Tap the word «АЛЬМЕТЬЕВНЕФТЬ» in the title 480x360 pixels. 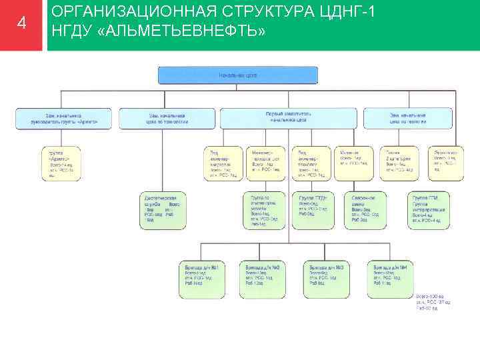pos(197,33)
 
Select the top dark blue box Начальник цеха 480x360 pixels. pos(238,75)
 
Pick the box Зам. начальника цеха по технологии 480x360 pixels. pos(167,118)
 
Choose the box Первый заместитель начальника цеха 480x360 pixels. pos(288,117)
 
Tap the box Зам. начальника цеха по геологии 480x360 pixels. pos(409,118)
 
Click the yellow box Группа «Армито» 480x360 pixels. pos(61,163)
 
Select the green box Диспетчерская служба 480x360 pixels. pos(162,210)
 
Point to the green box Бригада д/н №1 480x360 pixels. pos(203,278)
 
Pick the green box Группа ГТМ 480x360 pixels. pos(428,209)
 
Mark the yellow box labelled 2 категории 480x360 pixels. pos(399,162)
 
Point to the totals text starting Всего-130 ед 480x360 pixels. pos(427,302)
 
